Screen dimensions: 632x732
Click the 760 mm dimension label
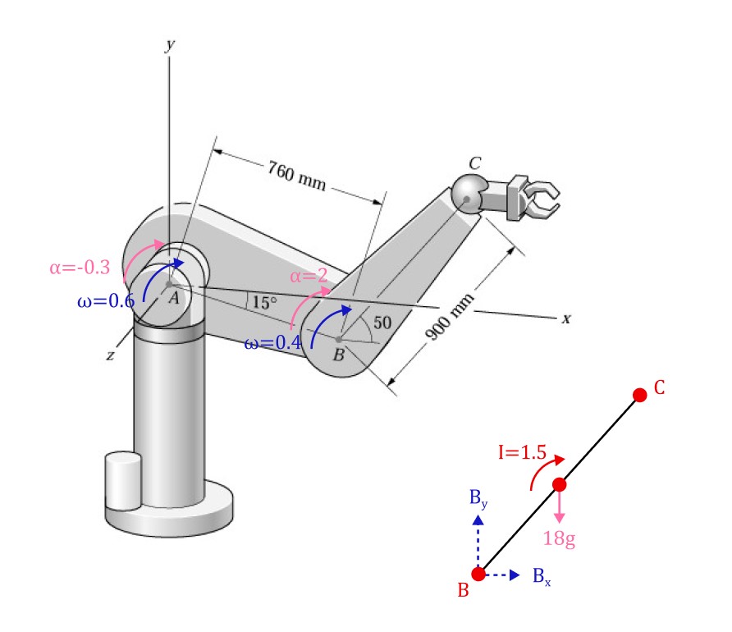tap(296, 176)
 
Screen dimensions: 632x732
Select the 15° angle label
tap(264, 303)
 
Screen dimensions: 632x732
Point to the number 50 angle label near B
tap(382, 323)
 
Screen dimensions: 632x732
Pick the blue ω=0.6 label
tap(105, 300)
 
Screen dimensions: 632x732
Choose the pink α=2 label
tap(309, 276)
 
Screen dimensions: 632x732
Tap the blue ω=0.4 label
tap(272, 343)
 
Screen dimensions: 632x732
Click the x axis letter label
tap(565, 318)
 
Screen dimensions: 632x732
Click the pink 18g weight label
tap(560, 538)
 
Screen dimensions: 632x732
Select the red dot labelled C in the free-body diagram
tap(640, 395)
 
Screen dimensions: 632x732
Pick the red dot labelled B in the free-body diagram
tap(478, 575)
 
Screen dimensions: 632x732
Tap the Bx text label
tap(542, 575)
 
